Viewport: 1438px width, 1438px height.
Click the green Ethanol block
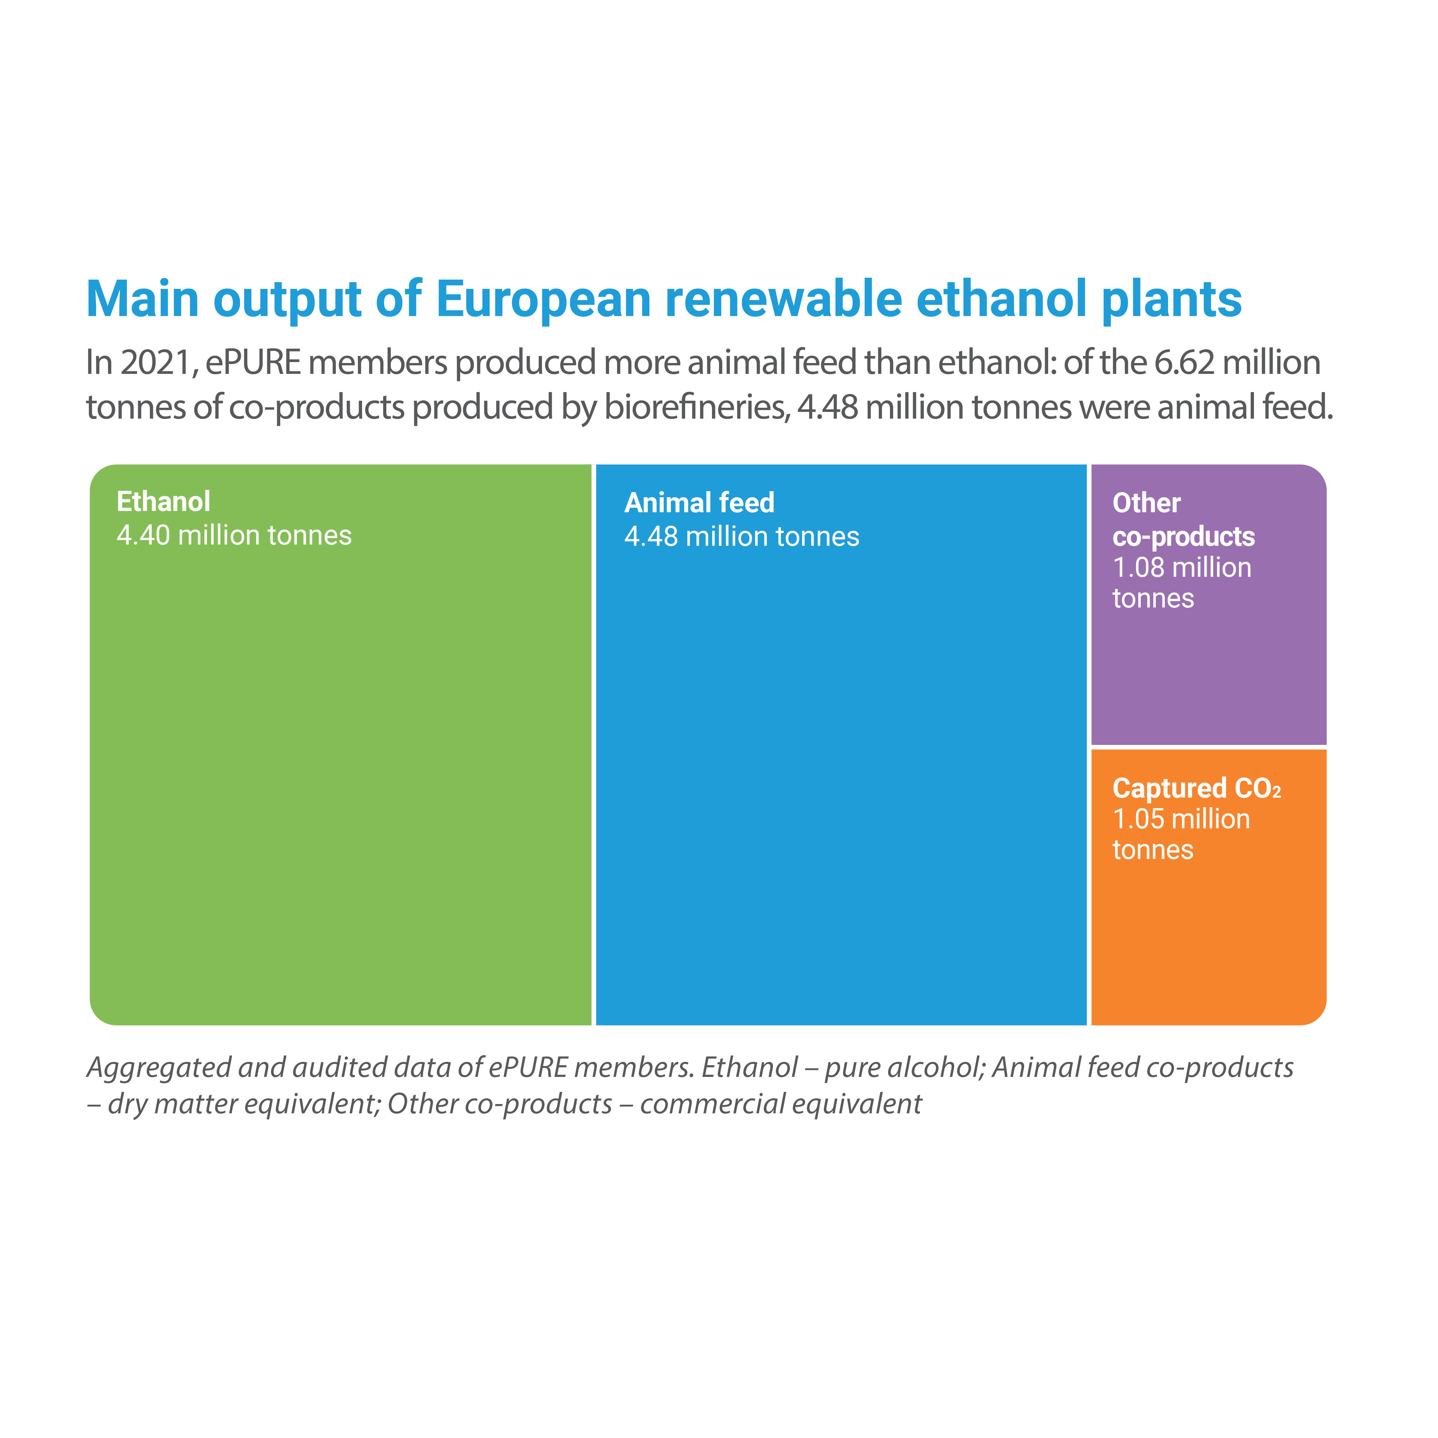point(340,744)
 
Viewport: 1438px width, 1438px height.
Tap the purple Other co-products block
point(1209,604)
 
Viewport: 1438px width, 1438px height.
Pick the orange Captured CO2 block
point(1209,887)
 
